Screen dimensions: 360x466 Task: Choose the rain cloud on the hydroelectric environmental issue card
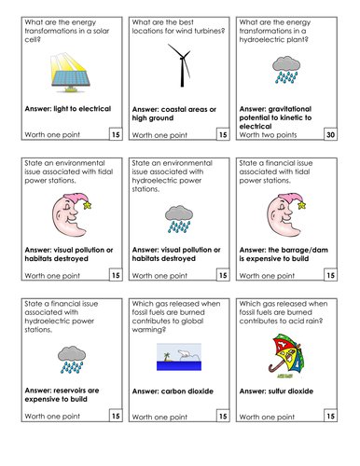coord(178,219)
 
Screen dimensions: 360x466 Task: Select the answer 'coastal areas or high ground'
coord(174,115)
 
